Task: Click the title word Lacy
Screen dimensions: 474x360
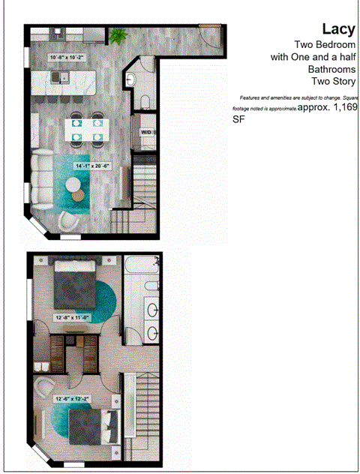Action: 338,29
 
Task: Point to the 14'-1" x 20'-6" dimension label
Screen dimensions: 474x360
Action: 92,166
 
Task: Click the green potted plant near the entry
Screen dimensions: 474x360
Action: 117,36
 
